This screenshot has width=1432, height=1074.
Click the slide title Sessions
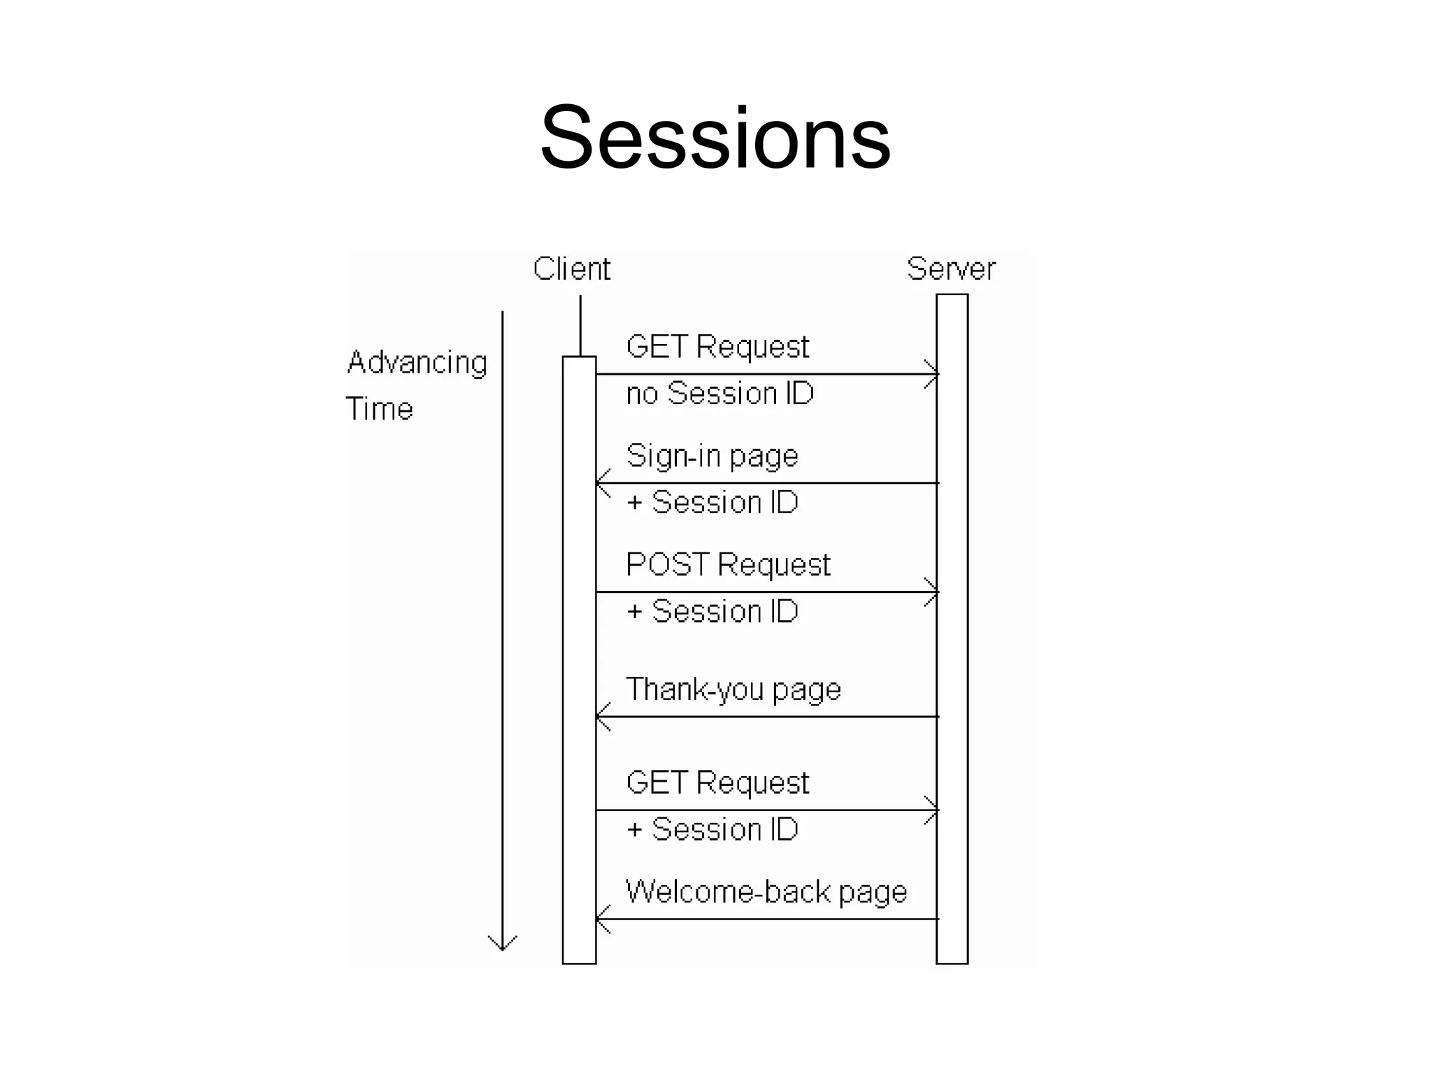click(715, 137)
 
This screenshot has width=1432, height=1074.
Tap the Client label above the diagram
click(571, 269)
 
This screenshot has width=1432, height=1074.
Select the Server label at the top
click(951, 269)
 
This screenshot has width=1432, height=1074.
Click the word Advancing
click(417, 363)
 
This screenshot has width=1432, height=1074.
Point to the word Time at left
click(380, 409)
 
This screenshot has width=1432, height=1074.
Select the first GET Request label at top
click(717, 348)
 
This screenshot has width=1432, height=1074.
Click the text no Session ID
click(720, 394)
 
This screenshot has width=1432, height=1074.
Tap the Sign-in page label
click(712, 457)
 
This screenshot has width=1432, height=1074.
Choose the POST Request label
click(728, 565)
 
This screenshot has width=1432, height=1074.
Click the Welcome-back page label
click(766, 892)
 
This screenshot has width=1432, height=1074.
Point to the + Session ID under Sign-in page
click(713, 503)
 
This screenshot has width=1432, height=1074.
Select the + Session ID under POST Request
click(713, 612)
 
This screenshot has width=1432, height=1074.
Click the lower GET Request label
click(717, 783)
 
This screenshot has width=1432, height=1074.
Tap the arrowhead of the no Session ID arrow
click(933, 374)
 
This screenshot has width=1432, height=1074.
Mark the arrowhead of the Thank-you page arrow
click(601, 717)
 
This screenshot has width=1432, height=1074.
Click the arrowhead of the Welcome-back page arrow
click(601, 919)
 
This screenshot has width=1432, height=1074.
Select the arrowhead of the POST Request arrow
click(933, 592)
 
